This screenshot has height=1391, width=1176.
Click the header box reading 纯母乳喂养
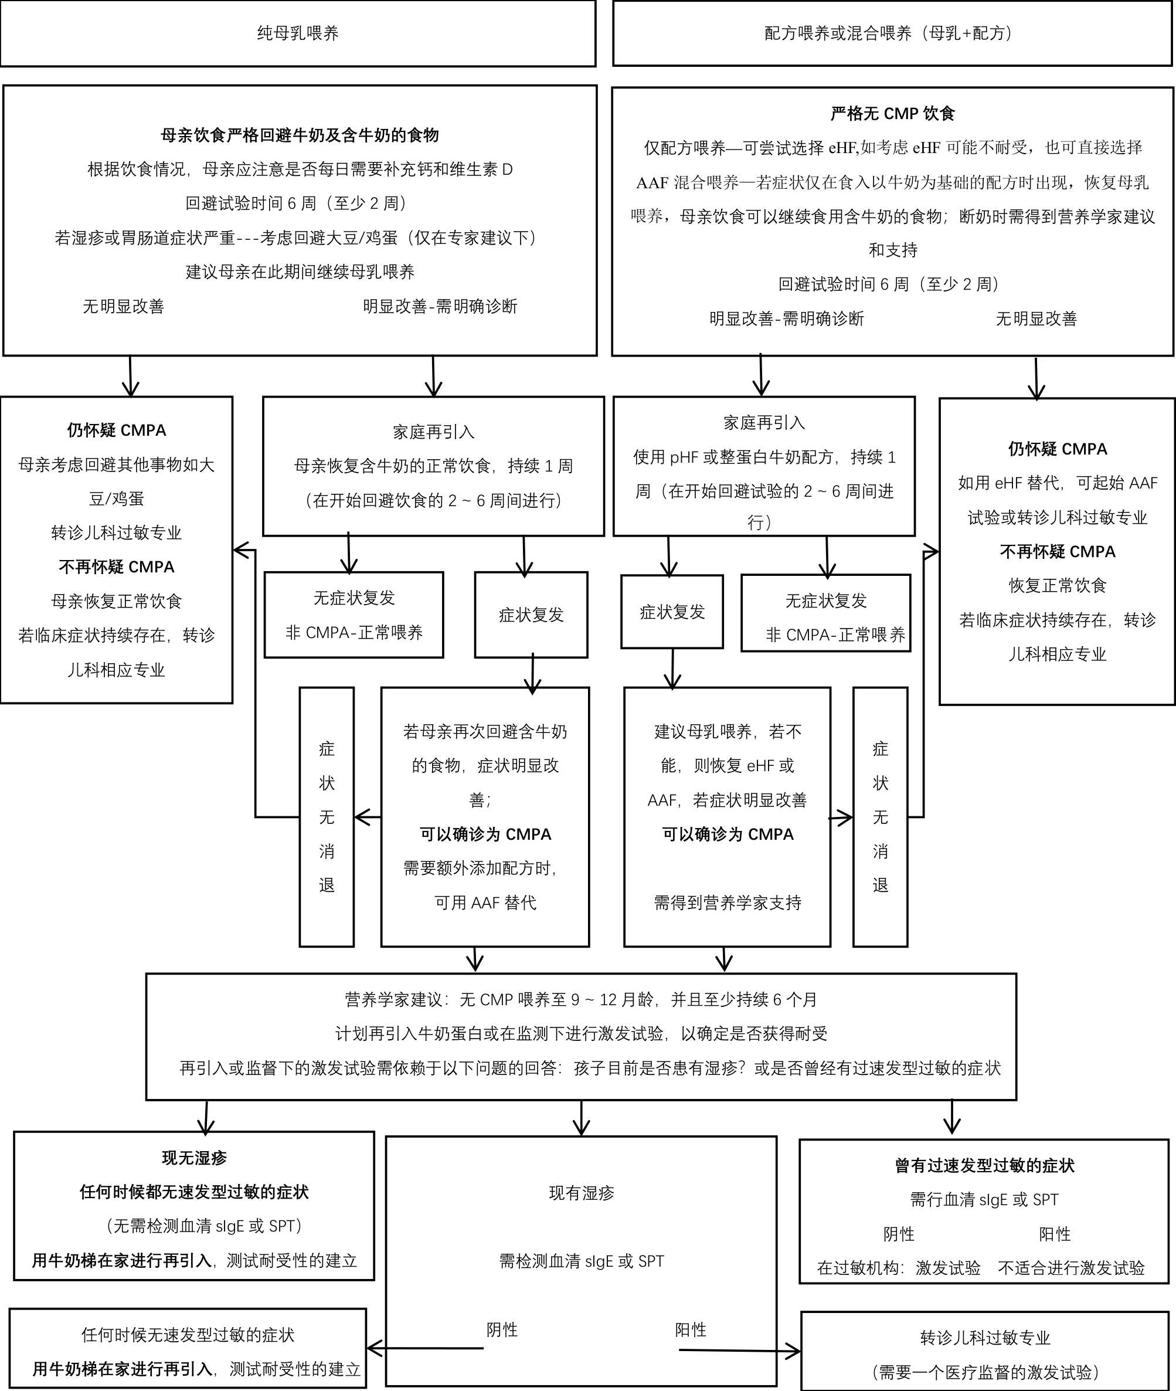click(x=297, y=33)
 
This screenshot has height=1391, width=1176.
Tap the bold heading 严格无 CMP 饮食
click(x=892, y=114)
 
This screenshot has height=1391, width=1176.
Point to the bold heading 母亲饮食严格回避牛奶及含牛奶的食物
click(x=300, y=135)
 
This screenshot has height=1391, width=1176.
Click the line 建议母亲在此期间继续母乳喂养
click(x=300, y=272)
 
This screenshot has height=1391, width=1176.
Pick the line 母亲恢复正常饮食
click(x=117, y=602)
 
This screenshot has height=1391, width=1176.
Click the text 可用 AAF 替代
click(x=485, y=903)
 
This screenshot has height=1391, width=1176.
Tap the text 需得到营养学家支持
click(x=728, y=903)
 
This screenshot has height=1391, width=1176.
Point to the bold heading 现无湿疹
click(x=194, y=1158)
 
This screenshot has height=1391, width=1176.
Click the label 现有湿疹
click(x=582, y=1193)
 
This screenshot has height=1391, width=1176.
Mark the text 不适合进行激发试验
click(x=1070, y=1268)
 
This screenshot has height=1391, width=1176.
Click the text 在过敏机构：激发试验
click(x=899, y=1268)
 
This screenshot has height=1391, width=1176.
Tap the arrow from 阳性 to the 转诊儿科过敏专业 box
click(x=740, y=1351)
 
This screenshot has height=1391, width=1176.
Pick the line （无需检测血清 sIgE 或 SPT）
click(x=204, y=1226)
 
